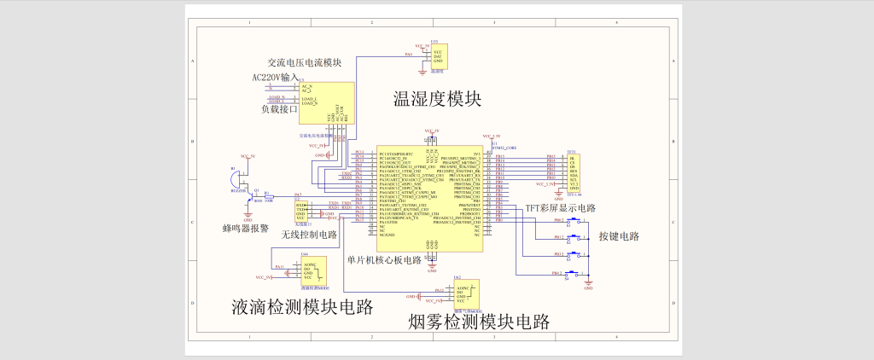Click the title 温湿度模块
tap(437, 99)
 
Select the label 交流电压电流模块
tap(304, 63)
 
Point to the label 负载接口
tap(279, 108)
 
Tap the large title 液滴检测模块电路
tap(302, 307)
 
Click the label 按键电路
tap(619, 236)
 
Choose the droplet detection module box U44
tap(314, 271)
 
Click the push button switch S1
tap(574, 221)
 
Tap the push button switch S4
tap(574, 274)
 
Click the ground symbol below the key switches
tap(588, 286)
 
